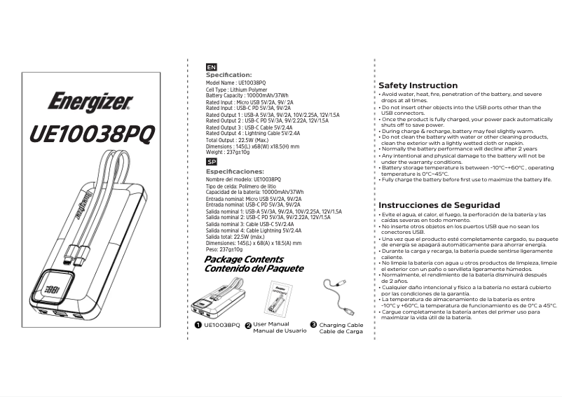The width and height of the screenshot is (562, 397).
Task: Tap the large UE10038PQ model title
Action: coord(90,134)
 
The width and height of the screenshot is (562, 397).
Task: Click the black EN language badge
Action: coord(212,67)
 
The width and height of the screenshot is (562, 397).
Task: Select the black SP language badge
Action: coord(212,162)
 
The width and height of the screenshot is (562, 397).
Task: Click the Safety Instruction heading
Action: coord(418,85)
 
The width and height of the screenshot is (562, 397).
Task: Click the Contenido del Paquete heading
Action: coord(254,268)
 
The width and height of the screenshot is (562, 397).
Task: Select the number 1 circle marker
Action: coord(198,325)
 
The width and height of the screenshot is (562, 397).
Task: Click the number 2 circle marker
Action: coord(247,325)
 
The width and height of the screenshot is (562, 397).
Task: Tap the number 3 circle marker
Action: coord(313,325)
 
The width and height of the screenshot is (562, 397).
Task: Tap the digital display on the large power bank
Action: coord(50,287)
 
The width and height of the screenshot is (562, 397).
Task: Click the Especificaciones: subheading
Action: coord(235,171)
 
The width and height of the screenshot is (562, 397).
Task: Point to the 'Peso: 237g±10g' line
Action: coord(224,249)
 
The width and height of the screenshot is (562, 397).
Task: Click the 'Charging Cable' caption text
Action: coord(341,325)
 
